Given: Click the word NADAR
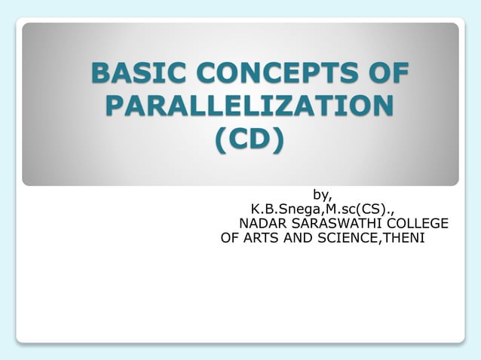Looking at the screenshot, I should click(259, 224).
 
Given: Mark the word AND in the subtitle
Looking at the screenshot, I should click(299, 239).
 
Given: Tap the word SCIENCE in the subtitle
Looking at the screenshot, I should click(349, 239).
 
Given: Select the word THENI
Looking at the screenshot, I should click(405, 239).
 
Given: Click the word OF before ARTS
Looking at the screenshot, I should click(230, 239).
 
